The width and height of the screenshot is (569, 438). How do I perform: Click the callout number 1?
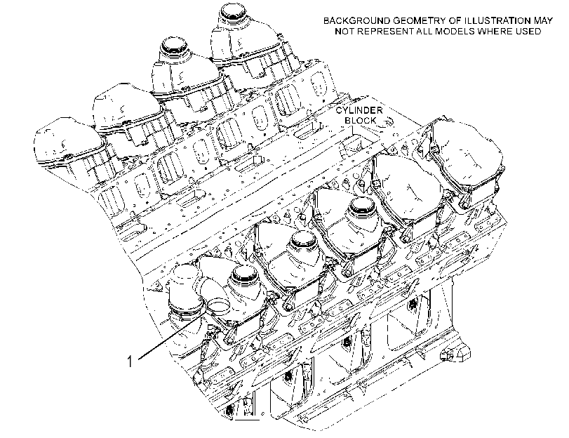130,361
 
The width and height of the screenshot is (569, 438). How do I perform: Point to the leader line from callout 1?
170,336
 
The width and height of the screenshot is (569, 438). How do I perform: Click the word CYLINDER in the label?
359,110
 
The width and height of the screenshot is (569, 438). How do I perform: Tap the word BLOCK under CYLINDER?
361,120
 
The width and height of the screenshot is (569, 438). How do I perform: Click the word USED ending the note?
528,31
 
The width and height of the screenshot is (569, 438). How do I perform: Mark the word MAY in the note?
543,20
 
